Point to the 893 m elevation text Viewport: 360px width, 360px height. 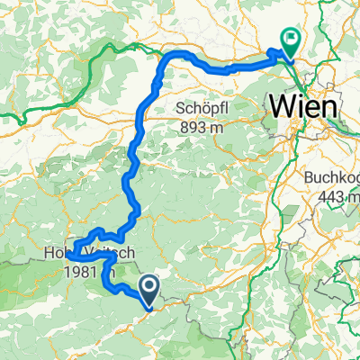[x=200, y=127]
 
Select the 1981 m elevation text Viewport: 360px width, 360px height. [x=90, y=273]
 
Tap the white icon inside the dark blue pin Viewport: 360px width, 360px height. [x=148, y=287]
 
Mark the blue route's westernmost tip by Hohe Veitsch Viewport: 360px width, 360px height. [x=67, y=257]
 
